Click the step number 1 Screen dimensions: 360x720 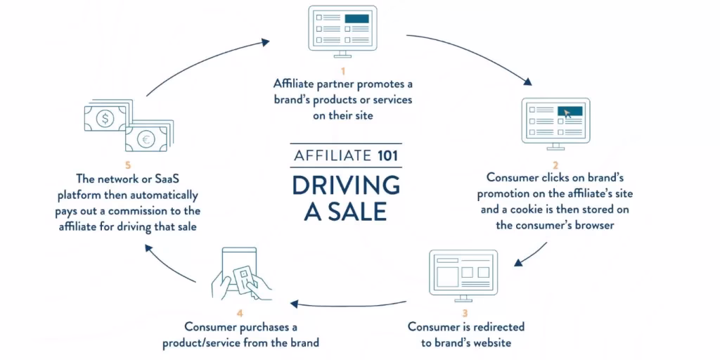[343, 71]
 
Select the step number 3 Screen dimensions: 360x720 [465, 313]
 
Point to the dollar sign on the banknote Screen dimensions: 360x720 [105, 119]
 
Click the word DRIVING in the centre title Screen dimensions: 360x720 [345, 185]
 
